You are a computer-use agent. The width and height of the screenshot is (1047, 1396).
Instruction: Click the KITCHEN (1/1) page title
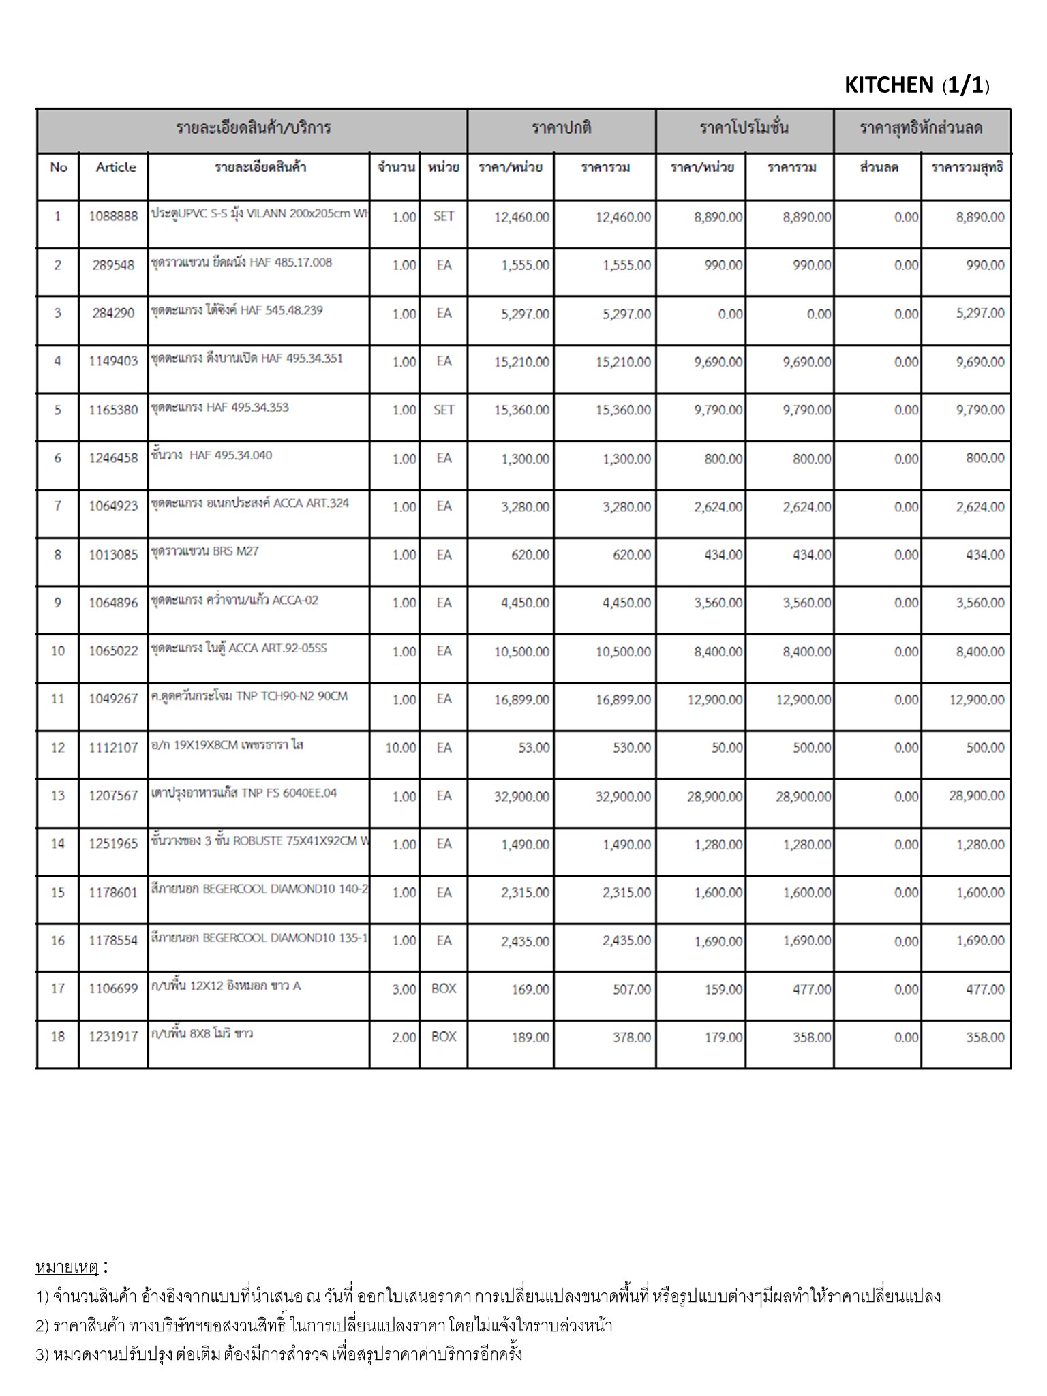916,85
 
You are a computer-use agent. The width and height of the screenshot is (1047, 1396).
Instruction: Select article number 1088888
113,217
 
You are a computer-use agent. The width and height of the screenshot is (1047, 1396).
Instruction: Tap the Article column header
115,168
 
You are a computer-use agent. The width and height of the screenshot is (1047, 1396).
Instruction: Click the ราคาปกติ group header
561,128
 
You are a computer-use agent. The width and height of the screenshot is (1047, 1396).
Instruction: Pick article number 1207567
113,795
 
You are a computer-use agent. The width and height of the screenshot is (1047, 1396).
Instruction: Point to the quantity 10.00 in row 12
400,748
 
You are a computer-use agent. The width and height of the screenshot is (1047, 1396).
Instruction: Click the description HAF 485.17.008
242,262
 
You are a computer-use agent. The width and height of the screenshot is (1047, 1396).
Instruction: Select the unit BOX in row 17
443,988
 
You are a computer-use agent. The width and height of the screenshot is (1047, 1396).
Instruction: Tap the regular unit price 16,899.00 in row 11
521,699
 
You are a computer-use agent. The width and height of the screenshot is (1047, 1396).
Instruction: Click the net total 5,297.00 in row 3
980,314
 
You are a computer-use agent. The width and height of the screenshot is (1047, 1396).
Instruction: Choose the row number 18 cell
58,1037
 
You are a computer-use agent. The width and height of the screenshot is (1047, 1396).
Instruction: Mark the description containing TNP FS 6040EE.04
244,793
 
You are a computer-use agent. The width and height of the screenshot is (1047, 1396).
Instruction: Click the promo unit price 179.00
724,1037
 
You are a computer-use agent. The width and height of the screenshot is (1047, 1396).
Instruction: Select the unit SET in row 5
443,410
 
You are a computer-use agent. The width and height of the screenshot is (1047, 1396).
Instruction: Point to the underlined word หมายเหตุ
67,1267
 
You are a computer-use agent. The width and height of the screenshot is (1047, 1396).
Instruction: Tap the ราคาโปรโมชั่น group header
744,128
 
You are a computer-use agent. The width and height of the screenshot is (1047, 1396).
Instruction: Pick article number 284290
113,314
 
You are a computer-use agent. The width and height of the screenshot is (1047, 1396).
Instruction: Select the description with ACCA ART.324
250,504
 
